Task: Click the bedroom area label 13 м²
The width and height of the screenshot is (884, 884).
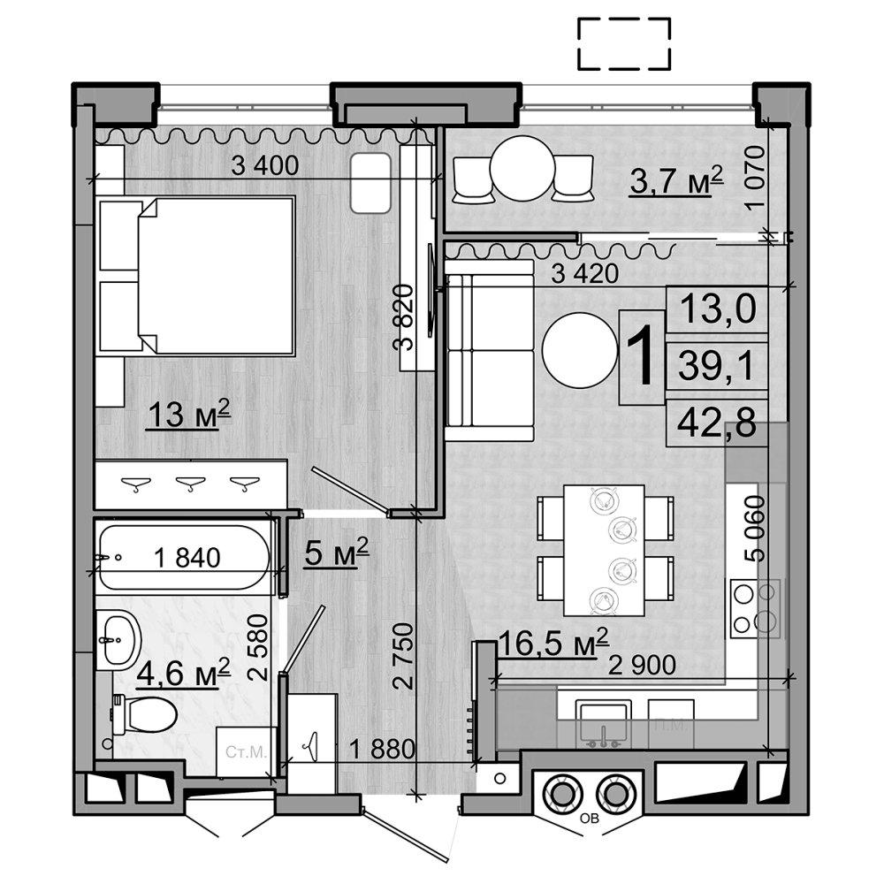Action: [188, 413]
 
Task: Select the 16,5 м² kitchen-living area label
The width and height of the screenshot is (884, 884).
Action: [553, 643]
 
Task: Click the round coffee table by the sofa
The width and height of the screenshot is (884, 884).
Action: [579, 351]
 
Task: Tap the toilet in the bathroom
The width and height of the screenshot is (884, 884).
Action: [147, 712]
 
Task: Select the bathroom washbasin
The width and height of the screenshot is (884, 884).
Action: [118, 637]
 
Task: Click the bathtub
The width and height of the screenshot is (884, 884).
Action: [183, 558]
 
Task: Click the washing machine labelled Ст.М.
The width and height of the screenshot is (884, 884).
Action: [246, 752]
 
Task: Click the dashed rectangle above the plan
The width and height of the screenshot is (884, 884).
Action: [624, 43]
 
